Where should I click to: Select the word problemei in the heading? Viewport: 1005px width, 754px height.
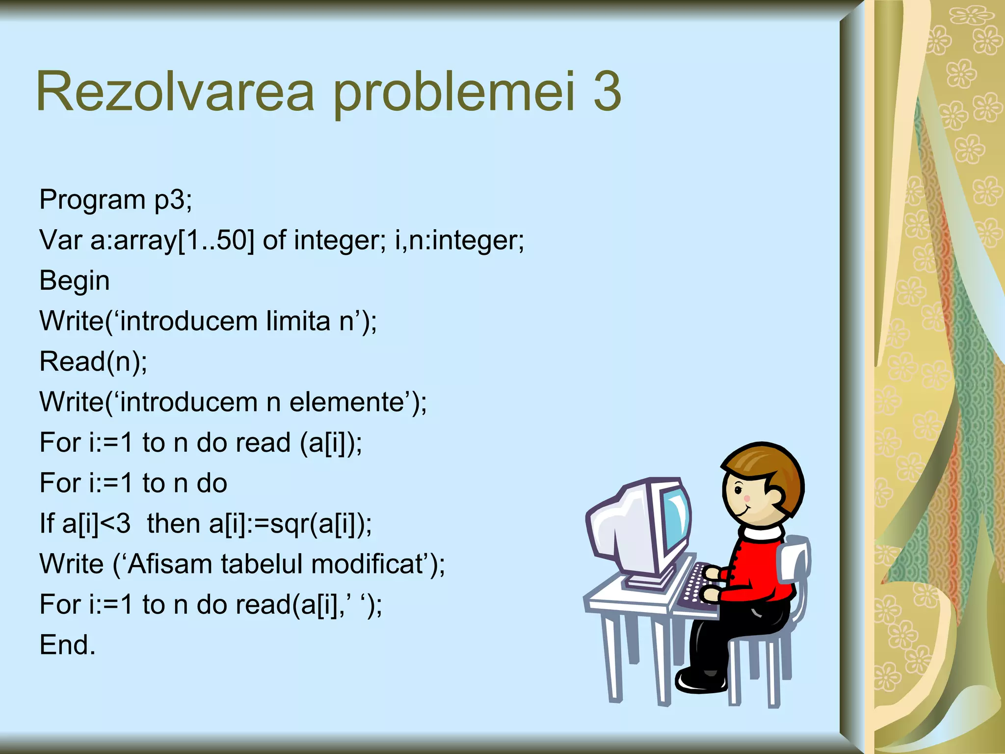tap(453, 93)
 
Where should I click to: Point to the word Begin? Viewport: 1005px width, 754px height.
tap(74, 281)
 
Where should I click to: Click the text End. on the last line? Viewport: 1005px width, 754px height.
tap(67, 645)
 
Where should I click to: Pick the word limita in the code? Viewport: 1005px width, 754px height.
tap(298, 322)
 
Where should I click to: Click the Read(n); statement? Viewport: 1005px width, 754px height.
tap(93, 362)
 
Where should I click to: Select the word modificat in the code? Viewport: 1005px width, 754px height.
tap(367, 564)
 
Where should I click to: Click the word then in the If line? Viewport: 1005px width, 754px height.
tap(174, 524)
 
